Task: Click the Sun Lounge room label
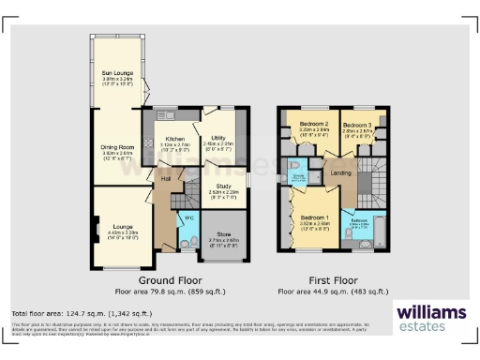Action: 116,72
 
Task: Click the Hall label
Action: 165,177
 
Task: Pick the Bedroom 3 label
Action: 356,125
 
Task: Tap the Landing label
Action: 342,172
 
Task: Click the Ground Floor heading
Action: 170,279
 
